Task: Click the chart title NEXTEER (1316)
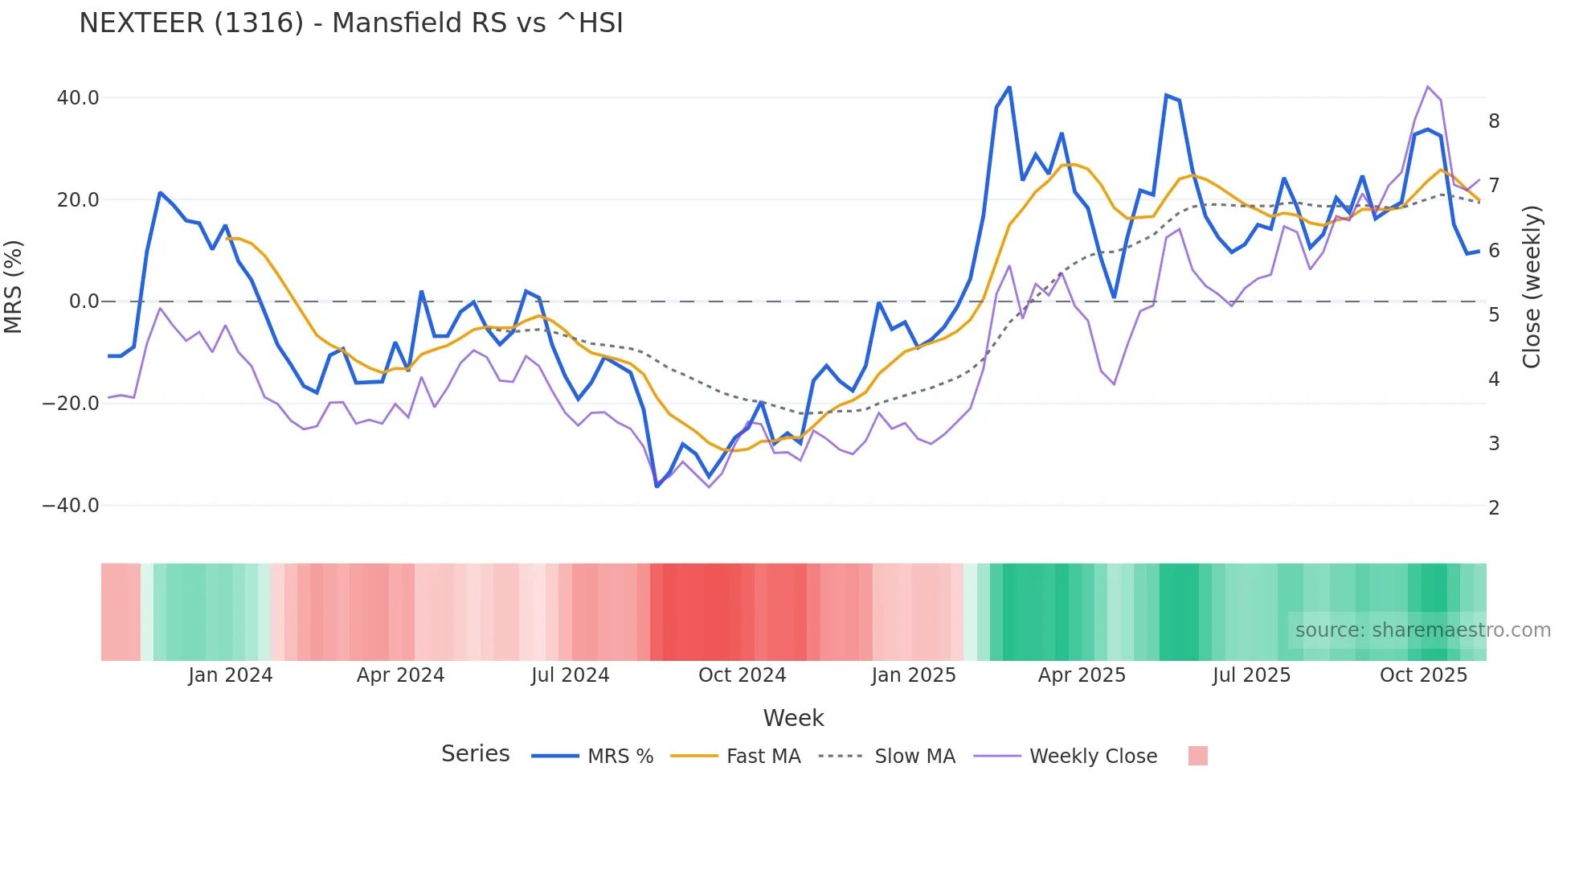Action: tap(350, 23)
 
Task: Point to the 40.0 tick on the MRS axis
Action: tap(78, 98)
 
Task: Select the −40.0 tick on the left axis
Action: tap(71, 506)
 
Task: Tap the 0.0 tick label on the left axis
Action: tap(84, 301)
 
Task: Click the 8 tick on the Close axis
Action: tap(1494, 121)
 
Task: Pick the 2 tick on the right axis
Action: tap(1494, 508)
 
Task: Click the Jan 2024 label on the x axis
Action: tap(231, 675)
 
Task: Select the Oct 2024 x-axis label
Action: tap(742, 675)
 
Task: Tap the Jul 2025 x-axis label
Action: tap(1251, 675)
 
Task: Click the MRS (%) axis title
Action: tap(14, 287)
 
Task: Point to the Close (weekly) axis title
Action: tap(1532, 287)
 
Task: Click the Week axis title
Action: tap(793, 718)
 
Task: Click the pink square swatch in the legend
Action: tap(1197, 757)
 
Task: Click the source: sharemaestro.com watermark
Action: tap(1422, 630)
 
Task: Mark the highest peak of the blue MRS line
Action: tap(1009, 87)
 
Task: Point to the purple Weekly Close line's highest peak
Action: tap(1428, 87)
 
